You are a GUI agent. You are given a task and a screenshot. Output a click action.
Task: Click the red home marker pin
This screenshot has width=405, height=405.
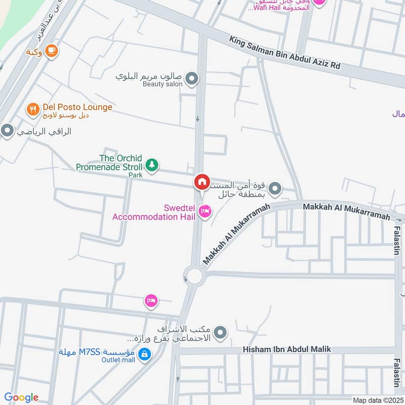(201, 182)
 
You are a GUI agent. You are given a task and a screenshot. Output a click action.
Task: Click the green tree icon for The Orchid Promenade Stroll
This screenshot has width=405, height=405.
(151, 165)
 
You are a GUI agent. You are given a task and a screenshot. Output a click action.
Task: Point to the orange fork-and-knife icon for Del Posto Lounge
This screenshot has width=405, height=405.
(33, 109)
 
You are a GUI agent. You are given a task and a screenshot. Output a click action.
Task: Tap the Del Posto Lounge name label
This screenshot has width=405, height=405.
(77, 107)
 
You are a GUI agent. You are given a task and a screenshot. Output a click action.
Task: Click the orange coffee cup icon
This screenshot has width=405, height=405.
(51, 50)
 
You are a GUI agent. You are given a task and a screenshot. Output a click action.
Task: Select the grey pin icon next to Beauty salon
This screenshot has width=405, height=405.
(191, 79)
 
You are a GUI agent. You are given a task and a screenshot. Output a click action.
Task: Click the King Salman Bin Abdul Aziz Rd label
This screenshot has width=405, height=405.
(285, 53)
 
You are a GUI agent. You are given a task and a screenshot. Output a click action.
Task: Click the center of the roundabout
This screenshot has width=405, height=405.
(194, 276)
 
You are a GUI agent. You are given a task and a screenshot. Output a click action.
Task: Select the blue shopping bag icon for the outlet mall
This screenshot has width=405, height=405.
(145, 354)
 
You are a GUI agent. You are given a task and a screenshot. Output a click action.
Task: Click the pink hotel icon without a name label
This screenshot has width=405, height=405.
(151, 301)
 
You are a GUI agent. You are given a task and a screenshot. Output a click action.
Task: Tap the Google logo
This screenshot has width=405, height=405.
(21, 397)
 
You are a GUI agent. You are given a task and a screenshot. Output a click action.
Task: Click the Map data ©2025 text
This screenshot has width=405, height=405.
(377, 400)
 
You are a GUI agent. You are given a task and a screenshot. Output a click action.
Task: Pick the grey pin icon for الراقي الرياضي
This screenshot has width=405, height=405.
(7, 132)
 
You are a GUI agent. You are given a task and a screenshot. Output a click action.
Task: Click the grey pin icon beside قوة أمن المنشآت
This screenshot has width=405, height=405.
(275, 189)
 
